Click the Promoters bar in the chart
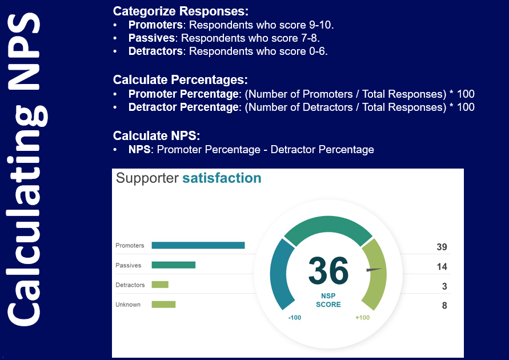pyautogui.click(x=198, y=245)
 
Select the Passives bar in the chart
pyautogui.click(x=173, y=265)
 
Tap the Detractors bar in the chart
pyautogui.click(x=160, y=285)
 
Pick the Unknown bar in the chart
pyautogui.click(x=163, y=304)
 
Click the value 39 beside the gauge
pyautogui.click(x=442, y=247)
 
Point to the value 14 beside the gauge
pyautogui.click(x=442, y=266)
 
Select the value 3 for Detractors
pyautogui.click(x=444, y=286)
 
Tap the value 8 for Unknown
pyautogui.click(x=444, y=306)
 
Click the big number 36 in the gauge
pyautogui.click(x=328, y=270)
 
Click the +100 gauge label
pyautogui.click(x=362, y=318)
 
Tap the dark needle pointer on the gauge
pyautogui.click(x=374, y=269)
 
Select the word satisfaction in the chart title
pyautogui.click(x=222, y=178)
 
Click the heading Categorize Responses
pyautogui.click(x=181, y=11)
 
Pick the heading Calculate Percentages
pyautogui.click(x=181, y=80)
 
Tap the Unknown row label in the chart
pyautogui.click(x=128, y=305)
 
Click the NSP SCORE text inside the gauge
pyautogui.click(x=328, y=300)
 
